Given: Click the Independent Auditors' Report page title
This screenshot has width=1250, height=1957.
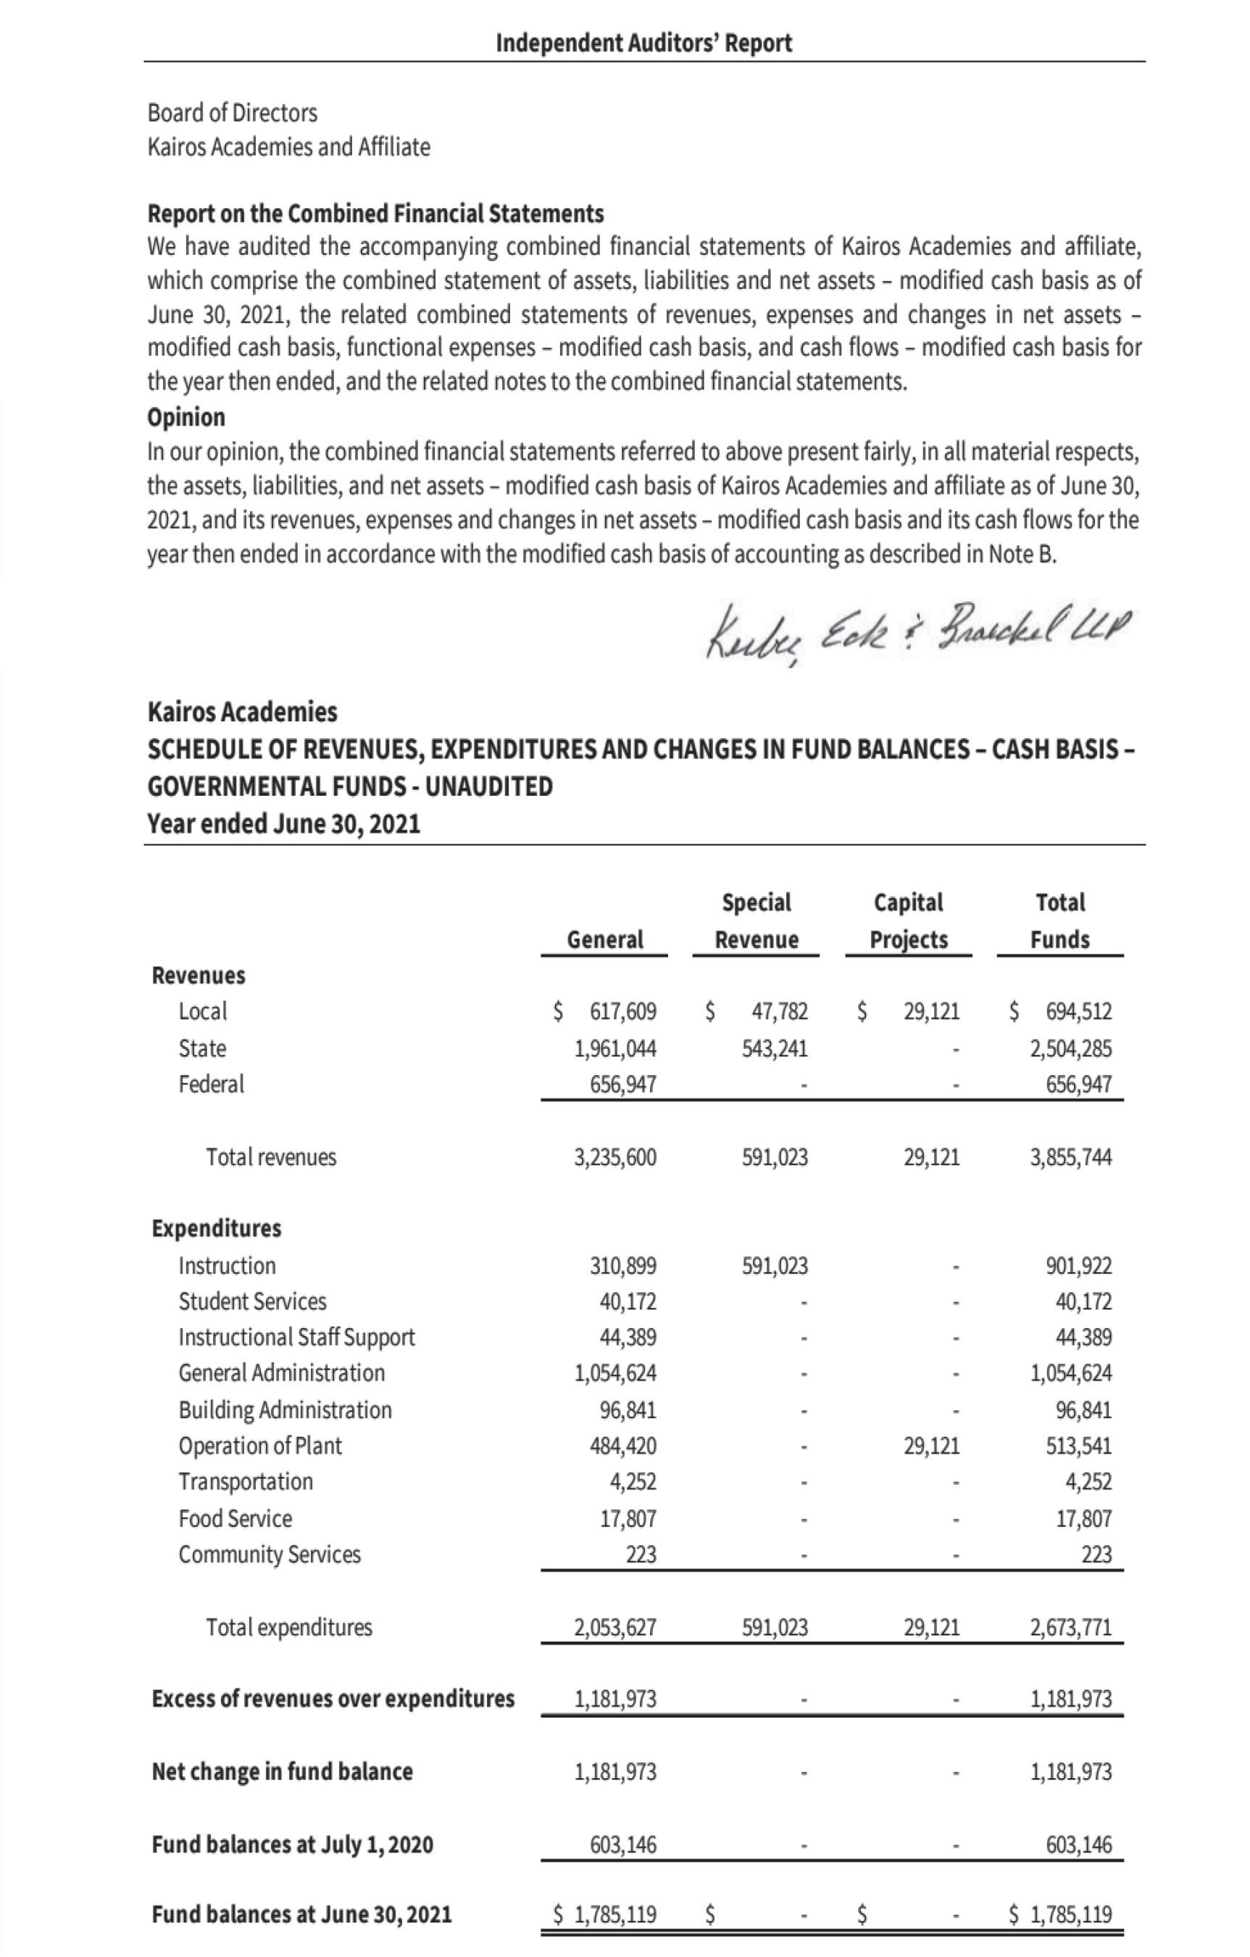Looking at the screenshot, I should click(643, 42).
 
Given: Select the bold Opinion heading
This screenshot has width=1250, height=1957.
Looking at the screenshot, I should click(186, 417).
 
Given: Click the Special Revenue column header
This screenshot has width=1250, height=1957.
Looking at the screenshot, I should click(756, 921).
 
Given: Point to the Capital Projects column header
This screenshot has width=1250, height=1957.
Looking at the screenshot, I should click(908, 921).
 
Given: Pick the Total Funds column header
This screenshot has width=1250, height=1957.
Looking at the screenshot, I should click(1060, 921).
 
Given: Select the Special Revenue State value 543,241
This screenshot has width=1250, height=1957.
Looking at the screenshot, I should click(775, 1048).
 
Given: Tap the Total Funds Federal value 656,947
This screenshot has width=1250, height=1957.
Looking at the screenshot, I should click(1070, 1084).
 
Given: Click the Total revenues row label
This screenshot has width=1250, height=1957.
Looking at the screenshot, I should click(270, 1157).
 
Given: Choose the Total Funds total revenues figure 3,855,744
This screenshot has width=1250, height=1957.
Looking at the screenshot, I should click(1070, 1157).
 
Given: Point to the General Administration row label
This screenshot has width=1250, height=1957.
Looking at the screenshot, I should click(281, 1373).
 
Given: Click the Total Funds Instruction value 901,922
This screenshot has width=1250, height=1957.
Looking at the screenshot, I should click(1078, 1266).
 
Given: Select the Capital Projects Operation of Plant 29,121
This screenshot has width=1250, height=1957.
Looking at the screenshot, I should click(931, 1446).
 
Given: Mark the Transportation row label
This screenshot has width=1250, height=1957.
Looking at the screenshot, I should click(246, 1482).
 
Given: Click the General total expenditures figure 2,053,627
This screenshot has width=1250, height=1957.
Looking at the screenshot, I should click(614, 1627).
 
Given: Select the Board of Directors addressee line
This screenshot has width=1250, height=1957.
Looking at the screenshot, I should click(233, 112).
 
